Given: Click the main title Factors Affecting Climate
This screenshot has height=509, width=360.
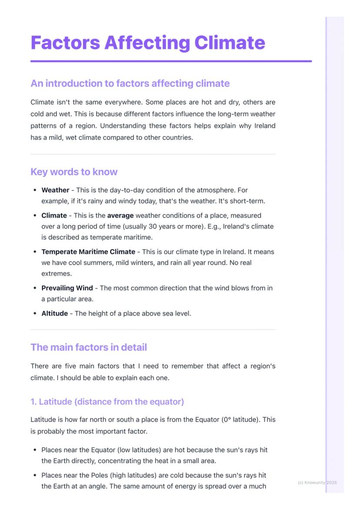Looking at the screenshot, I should (x=148, y=43).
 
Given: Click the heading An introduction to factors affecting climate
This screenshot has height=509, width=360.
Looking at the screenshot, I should (x=130, y=83).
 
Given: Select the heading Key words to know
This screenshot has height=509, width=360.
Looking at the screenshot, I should (x=74, y=172).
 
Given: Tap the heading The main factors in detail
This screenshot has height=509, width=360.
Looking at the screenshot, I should (x=89, y=347).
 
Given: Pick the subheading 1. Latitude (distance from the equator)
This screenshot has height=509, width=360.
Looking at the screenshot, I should (x=107, y=402).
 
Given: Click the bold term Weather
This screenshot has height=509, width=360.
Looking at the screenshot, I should (x=55, y=190).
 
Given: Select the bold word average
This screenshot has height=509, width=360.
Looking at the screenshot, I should (x=120, y=215).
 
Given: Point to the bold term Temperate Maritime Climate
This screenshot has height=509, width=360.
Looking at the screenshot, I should (x=88, y=252).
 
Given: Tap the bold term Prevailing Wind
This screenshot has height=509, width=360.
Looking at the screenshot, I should (x=67, y=288).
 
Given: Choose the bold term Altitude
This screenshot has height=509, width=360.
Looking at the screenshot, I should (x=54, y=313).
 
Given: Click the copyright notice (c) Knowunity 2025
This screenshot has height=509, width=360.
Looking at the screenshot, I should (x=317, y=482).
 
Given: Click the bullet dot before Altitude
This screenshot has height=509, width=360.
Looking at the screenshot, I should (x=34, y=313).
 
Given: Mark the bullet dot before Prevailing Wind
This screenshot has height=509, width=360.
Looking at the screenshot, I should (x=34, y=288).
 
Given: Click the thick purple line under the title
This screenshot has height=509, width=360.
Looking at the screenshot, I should (x=171, y=61).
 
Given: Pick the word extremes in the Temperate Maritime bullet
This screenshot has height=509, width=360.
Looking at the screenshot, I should (x=57, y=274).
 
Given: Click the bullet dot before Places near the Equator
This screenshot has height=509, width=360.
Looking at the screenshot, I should (x=34, y=450).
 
